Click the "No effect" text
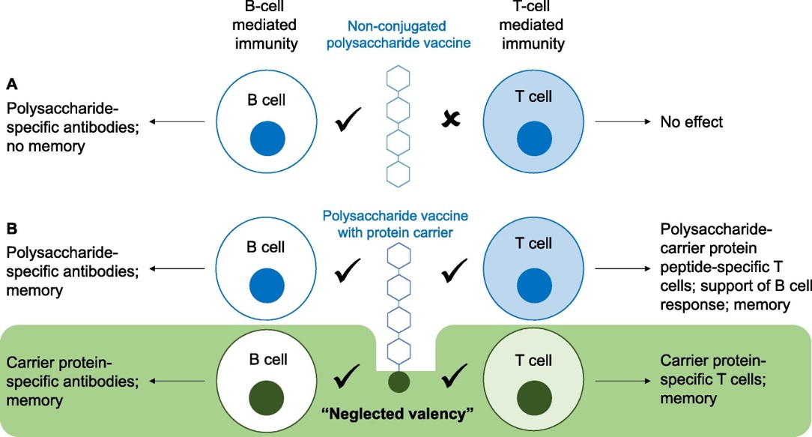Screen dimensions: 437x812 point(691,121)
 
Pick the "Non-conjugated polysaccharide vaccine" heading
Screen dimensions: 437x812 point(403,34)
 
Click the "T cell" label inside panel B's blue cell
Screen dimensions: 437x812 point(535,244)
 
